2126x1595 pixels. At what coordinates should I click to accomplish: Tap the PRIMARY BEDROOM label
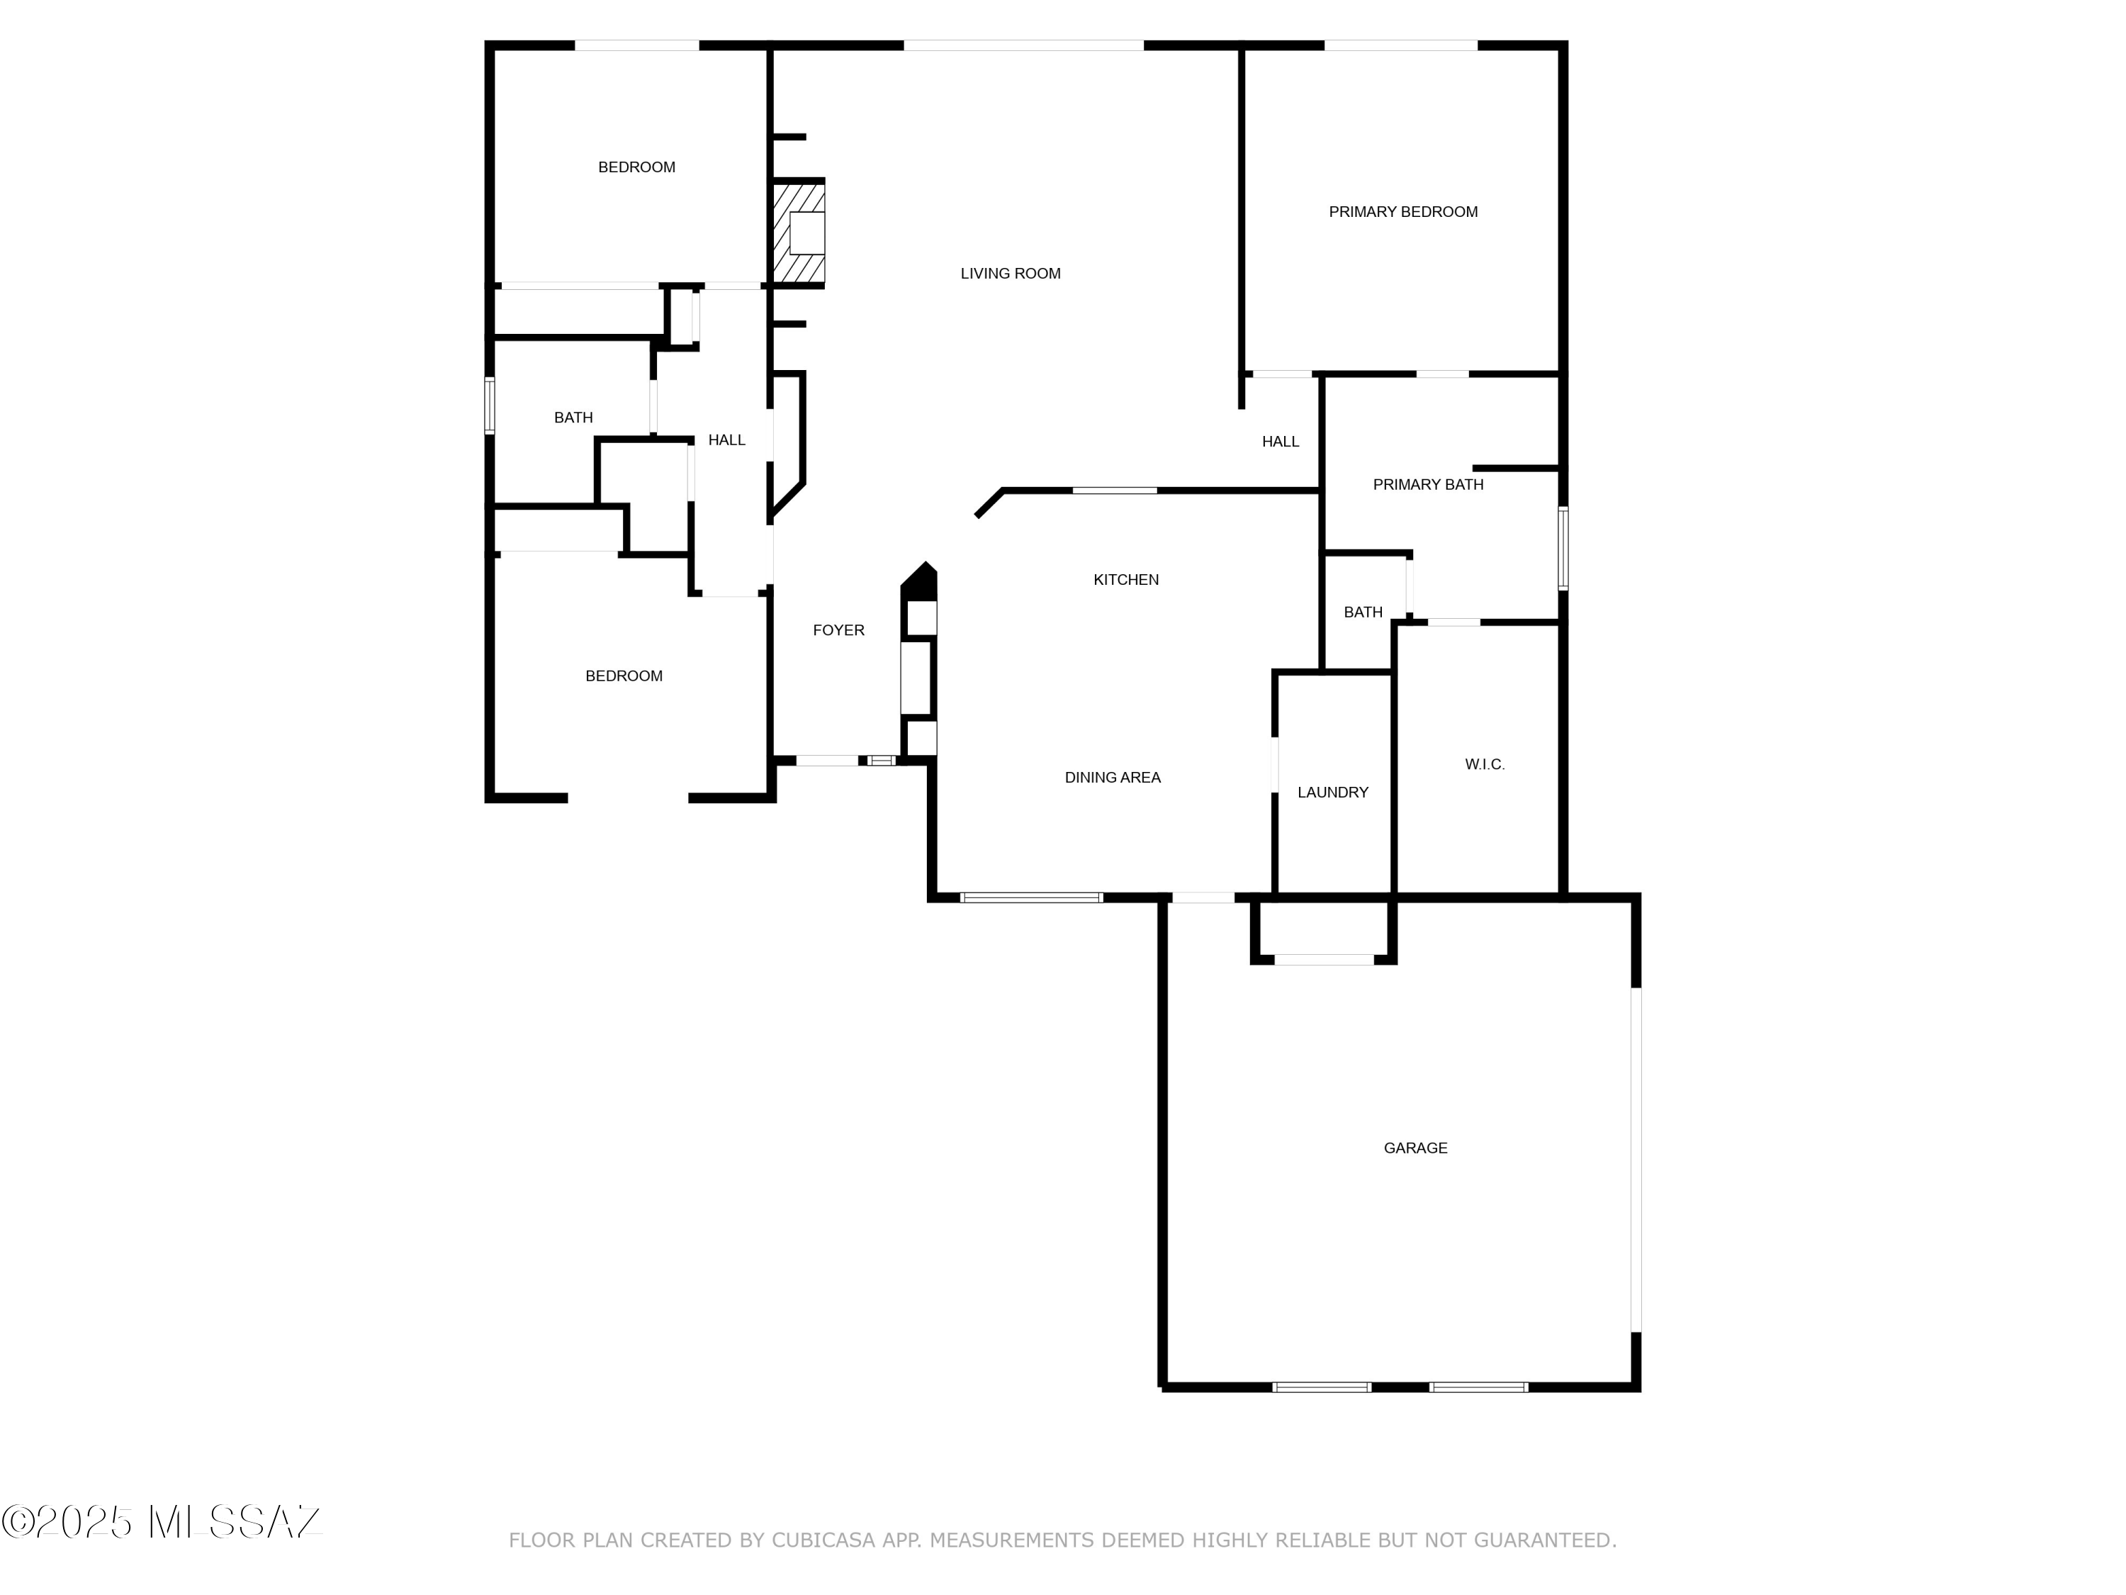1402,211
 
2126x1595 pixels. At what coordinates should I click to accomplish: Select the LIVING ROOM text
1010,273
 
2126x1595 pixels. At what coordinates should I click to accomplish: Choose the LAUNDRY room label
1332,793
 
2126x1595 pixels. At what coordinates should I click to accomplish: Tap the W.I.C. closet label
1484,764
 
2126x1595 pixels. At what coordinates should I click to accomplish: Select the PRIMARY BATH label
1427,485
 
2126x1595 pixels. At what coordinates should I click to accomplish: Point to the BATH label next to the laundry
1362,612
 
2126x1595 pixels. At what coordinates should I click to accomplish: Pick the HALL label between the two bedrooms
726,440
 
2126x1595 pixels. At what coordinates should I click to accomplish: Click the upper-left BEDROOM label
636,167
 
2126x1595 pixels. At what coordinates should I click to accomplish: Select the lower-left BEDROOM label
624,676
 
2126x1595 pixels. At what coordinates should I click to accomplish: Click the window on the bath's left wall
489,405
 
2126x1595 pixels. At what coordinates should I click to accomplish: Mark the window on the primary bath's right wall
1563,548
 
